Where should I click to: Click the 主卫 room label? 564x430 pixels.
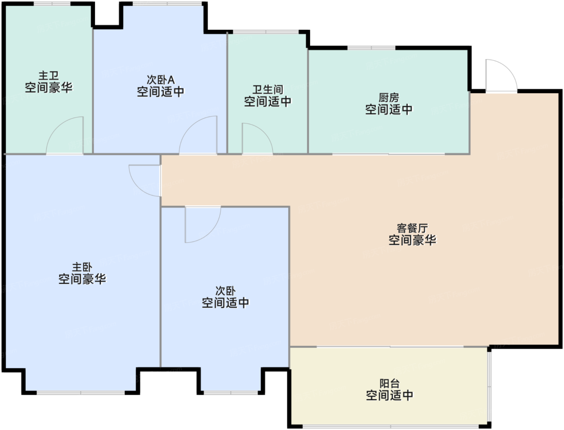coord(48,76)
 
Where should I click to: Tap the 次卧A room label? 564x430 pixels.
coord(161,80)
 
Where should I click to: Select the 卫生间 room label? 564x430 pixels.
coord(267,90)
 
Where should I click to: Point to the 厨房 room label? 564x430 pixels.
coord(389,98)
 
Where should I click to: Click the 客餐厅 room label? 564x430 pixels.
coord(412,228)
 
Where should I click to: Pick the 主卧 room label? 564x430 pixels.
coord(82,267)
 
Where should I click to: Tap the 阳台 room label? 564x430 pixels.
coord(390,384)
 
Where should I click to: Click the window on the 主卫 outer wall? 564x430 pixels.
coord(52,4)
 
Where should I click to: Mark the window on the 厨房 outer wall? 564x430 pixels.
coord(371,48)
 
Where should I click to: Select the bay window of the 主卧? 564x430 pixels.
coord(81,393)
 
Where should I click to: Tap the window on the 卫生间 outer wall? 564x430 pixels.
coord(265,32)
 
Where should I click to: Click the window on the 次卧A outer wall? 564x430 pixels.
coord(167,4)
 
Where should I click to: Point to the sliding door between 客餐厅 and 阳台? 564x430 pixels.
coord(390,347)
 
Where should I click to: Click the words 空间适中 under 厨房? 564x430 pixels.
coord(389,110)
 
